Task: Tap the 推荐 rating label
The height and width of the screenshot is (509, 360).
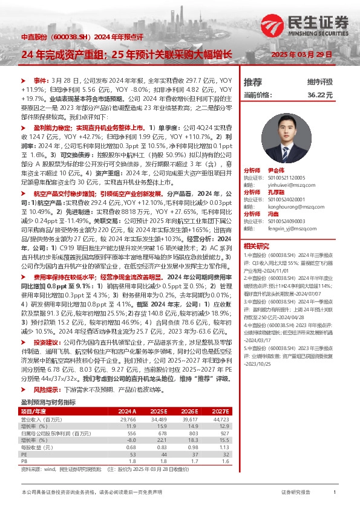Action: click(253, 82)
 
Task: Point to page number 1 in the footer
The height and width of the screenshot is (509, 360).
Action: click(335, 493)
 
